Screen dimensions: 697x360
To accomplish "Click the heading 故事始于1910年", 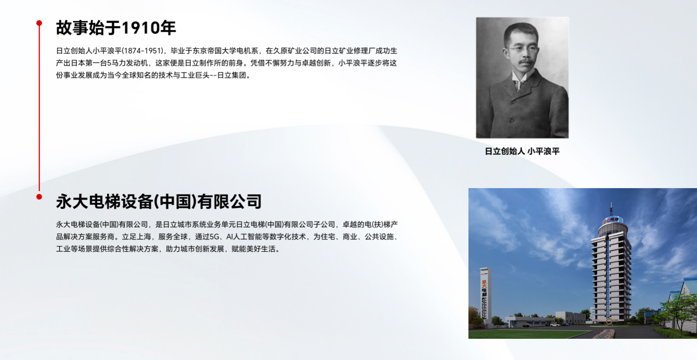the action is click(116, 28).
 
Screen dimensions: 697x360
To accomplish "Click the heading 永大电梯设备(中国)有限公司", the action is click(159, 202).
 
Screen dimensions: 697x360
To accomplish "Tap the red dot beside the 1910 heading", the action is click(39, 23).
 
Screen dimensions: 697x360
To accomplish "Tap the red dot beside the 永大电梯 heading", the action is click(39, 197).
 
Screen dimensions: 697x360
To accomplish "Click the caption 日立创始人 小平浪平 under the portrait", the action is click(522, 151).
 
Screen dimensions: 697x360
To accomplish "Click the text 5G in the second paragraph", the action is click(215, 237).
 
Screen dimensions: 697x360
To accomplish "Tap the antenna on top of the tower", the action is click(611, 209).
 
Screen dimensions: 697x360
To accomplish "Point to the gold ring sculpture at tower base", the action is click(609, 321).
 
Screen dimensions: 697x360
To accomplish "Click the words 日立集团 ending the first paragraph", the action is click(231, 75).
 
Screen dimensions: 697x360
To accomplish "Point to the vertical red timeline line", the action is click(39, 110).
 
